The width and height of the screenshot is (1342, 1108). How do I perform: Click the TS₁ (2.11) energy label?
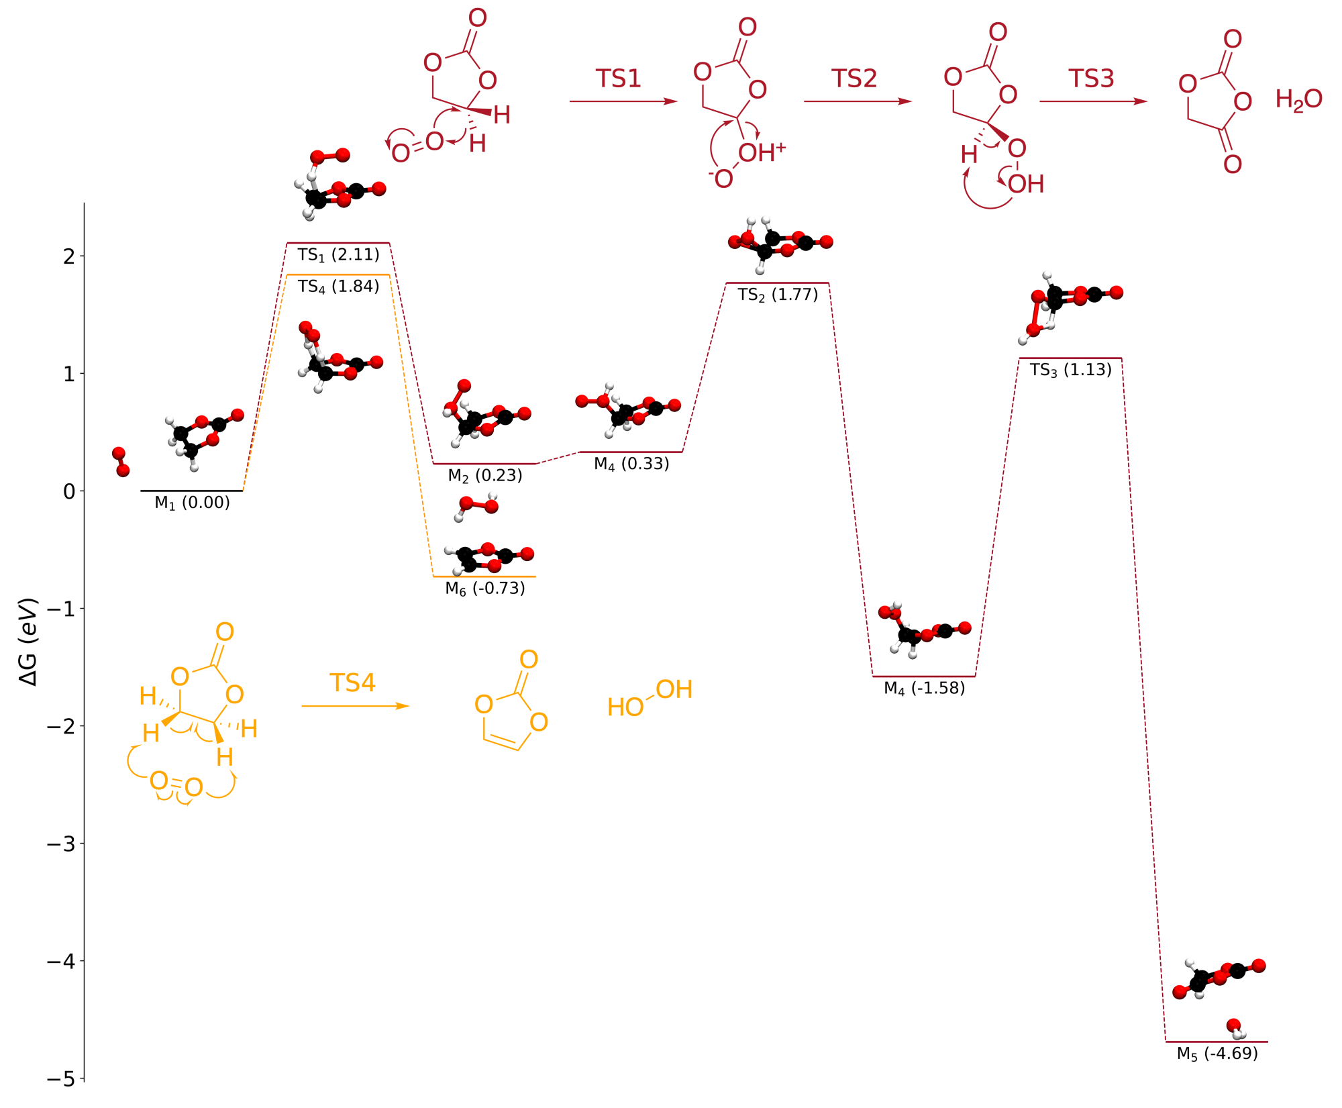click(339, 255)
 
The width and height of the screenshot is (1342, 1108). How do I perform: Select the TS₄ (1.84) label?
click(339, 287)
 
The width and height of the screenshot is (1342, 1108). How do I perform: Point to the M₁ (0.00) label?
click(193, 503)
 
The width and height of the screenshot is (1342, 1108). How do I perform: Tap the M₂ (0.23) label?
click(485, 476)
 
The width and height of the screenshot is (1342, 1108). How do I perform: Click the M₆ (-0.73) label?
click(485, 589)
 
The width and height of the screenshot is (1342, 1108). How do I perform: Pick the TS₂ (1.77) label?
click(778, 295)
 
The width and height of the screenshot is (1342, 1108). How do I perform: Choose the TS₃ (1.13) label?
click(1071, 370)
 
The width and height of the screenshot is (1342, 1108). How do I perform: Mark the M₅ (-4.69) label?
click(1217, 1054)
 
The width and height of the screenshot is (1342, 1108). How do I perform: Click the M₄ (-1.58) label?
click(925, 689)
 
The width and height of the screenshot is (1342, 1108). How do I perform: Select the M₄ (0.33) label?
click(631, 464)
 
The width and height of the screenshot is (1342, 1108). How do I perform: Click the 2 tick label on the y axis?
click(69, 256)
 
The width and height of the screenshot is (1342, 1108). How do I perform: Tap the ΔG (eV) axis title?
click(28, 642)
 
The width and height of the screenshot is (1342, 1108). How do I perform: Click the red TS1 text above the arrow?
click(619, 79)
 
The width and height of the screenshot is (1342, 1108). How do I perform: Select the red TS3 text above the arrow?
click(1091, 79)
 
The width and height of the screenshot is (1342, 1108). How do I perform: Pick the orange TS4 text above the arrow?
click(352, 683)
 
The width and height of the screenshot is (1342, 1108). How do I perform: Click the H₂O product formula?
click(1298, 100)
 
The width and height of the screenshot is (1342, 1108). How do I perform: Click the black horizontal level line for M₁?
click(192, 491)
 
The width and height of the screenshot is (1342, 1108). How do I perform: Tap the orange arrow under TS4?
click(355, 706)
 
